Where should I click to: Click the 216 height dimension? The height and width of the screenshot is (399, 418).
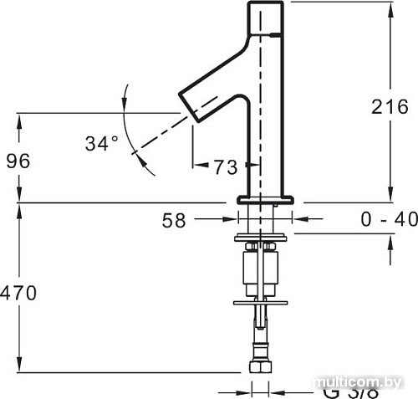pyautogui.click(x=390, y=108)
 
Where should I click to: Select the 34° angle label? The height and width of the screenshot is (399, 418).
pyautogui.click(x=102, y=144)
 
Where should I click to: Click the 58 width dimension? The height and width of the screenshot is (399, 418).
pyautogui.click(x=173, y=221)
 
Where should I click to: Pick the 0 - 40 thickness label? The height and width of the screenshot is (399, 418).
pyautogui.click(x=388, y=220)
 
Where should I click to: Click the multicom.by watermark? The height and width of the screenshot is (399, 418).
pyautogui.click(x=359, y=381)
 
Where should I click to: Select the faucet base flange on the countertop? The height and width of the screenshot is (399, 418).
pyautogui.click(x=267, y=199)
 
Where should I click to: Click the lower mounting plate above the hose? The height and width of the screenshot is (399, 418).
pyautogui.click(x=260, y=301)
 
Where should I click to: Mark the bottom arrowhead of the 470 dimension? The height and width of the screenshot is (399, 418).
pyautogui.click(x=17, y=367)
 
